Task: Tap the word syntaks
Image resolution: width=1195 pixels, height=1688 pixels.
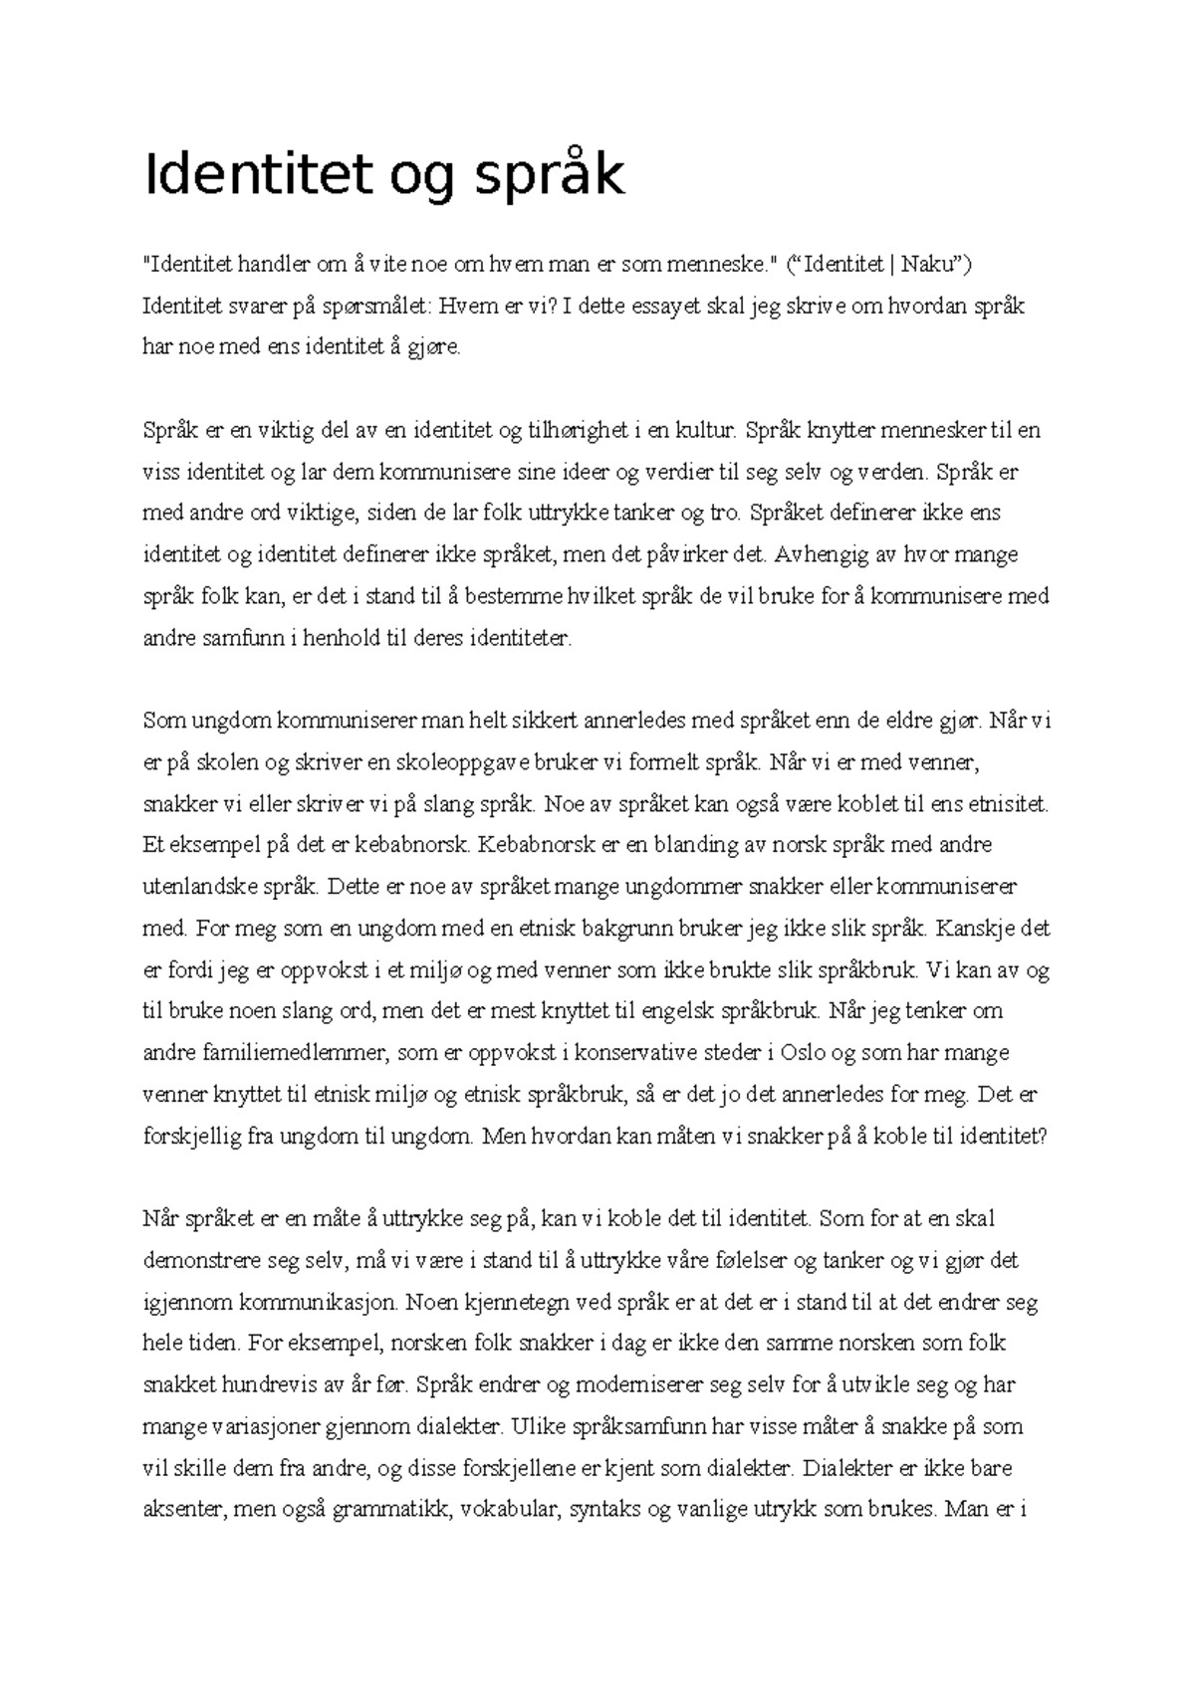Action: point(604,1509)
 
